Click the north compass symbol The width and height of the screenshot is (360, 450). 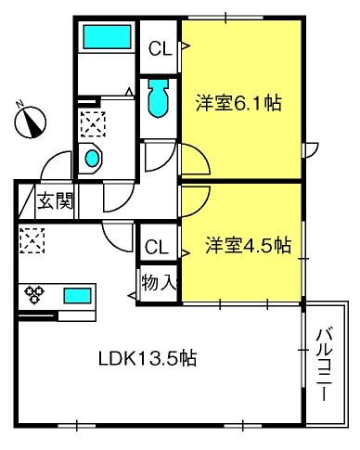[x=30, y=122]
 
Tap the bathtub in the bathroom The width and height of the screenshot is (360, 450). [x=107, y=37]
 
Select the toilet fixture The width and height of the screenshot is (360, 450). [x=159, y=97]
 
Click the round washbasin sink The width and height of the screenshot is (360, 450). [x=93, y=159]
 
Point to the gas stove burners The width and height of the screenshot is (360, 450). [x=34, y=294]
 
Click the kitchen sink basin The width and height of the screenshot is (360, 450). [x=77, y=296]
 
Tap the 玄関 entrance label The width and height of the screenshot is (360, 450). [x=55, y=200]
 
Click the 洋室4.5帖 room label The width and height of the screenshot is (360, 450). [x=249, y=245]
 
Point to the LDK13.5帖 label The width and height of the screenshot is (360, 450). [x=148, y=358]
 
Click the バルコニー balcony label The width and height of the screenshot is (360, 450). [x=324, y=365]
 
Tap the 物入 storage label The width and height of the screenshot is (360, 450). [x=159, y=282]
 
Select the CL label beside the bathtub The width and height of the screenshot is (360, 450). [x=160, y=48]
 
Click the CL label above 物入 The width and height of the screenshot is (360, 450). [x=157, y=247]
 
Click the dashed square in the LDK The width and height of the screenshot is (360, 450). [x=32, y=240]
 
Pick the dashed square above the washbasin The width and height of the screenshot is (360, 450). [x=93, y=124]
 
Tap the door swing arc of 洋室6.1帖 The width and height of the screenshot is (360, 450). [x=201, y=155]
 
